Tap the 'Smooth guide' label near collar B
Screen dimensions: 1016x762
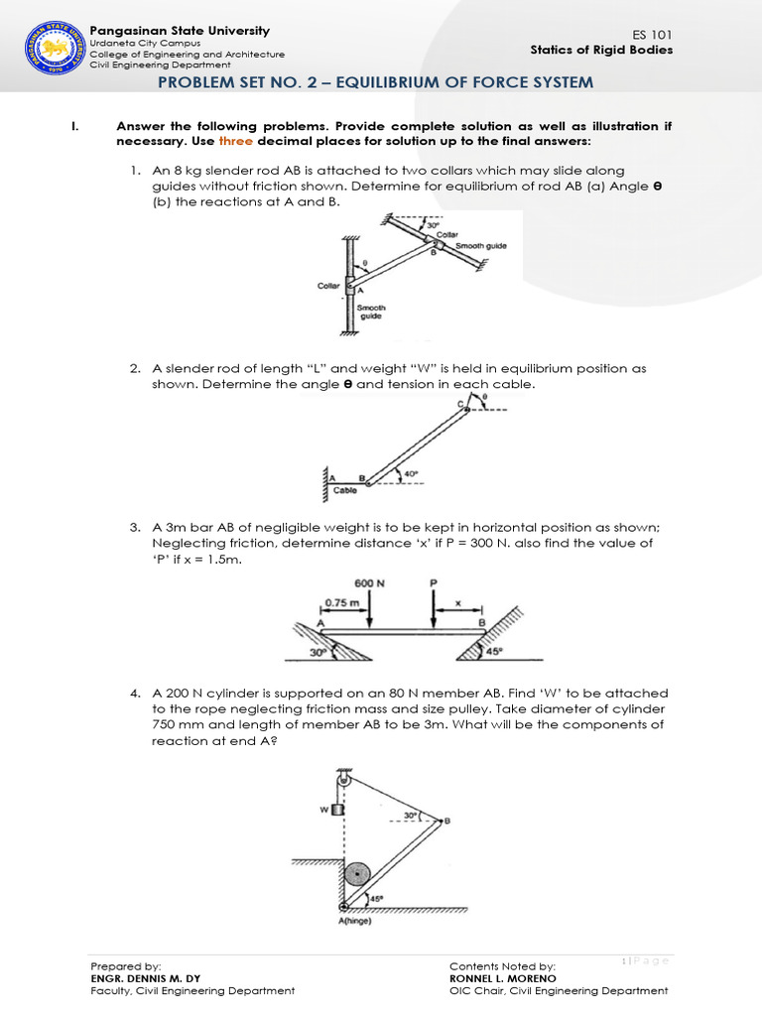[480, 244]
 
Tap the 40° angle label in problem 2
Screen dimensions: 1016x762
[411, 473]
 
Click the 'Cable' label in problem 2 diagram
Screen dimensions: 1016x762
[344, 490]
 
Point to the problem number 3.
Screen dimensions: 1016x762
[134, 528]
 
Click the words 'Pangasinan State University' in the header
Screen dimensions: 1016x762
[180, 31]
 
